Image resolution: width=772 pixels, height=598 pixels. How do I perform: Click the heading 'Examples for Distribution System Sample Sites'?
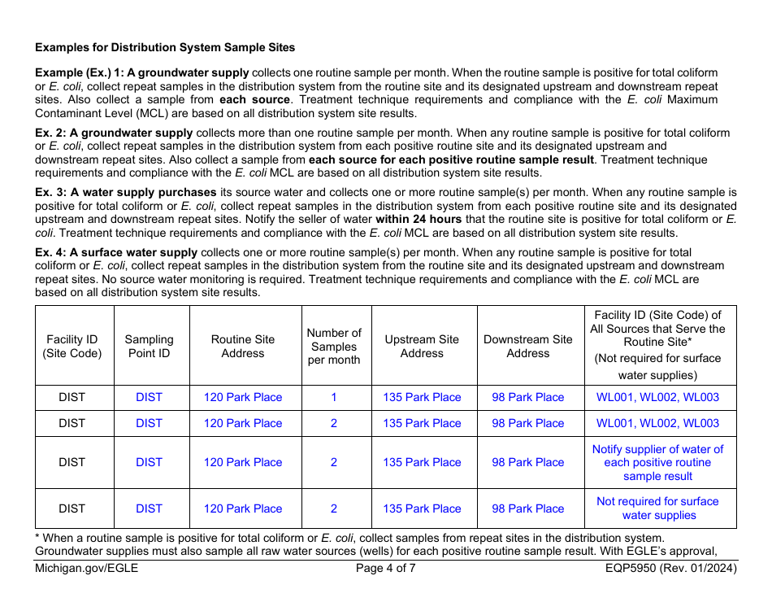click(x=165, y=48)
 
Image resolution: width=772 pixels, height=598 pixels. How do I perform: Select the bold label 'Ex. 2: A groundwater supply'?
click(x=114, y=133)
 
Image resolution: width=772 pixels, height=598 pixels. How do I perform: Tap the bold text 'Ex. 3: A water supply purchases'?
click(x=126, y=193)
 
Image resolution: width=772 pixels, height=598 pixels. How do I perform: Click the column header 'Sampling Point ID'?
click(x=149, y=346)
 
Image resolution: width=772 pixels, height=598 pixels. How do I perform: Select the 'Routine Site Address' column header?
click(x=243, y=346)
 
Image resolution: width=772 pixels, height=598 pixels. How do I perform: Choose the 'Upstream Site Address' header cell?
click(x=422, y=346)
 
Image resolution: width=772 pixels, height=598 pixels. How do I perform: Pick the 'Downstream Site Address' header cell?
click(x=527, y=346)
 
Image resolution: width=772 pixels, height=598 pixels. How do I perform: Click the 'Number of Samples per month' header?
click(x=334, y=346)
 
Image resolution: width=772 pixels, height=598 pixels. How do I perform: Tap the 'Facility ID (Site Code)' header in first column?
click(x=72, y=346)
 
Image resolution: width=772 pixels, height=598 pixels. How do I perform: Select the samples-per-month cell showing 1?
click(x=334, y=398)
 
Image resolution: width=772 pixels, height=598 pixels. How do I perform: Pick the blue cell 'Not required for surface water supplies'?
click(x=657, y=509)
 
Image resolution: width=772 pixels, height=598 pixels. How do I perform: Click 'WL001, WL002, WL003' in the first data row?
click(x=657, y=398)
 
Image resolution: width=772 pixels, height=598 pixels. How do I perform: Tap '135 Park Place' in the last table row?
click(x=422, y=509)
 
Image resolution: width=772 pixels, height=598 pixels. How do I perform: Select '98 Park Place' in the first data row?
click(x=527, y=398)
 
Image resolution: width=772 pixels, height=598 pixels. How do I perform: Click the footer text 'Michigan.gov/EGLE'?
click(x=87, y=569)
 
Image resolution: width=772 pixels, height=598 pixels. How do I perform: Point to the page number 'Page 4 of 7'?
click(x=385, y=569)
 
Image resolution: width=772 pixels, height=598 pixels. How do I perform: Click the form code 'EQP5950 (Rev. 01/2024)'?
click(x=666, y=569)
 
